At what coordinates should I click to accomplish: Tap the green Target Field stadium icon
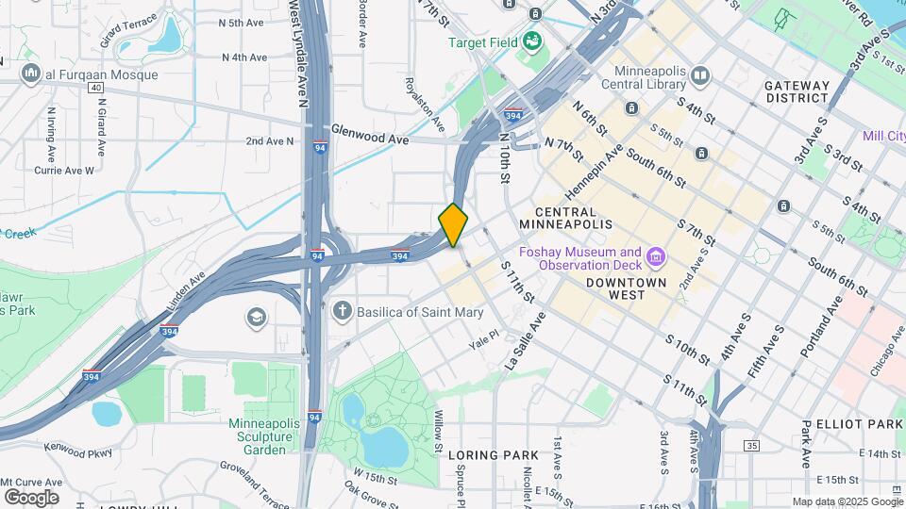pos(531,41)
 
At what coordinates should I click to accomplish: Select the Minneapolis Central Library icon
pos(699,75)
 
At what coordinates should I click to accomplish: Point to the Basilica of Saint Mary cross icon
pos(342,312)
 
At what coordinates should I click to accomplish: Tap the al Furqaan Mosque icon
pos(30,73)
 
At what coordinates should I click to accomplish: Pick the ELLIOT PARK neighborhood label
pos(858,425)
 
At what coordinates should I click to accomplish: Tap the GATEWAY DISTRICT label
pos(797,91)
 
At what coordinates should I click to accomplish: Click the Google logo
pos(31,497)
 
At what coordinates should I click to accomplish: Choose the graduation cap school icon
pos(256,316)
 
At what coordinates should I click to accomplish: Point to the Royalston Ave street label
pos(438,104)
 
